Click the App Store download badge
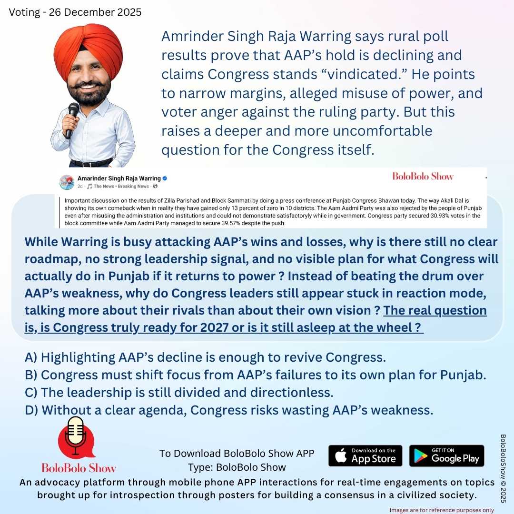pyautogui.click(x=365, y=455)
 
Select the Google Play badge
pyautogui.click(x=446, y=455)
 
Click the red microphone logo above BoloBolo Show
pyautogui.click(x=73, y=437)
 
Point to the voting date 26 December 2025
pyautogui.click(x=75, y=12)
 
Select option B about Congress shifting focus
pyautogui.click(x=255, y=375)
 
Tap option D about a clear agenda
pyautogui.click(x=229, y=410)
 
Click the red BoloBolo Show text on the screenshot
pyautogui.click(x=423, y=177)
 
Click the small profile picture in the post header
pyautogui.click(x=66, y=182)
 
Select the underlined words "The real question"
pyautogui.click(x=435, y=311)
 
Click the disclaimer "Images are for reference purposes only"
pyautogui.click(x=442, y=510)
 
